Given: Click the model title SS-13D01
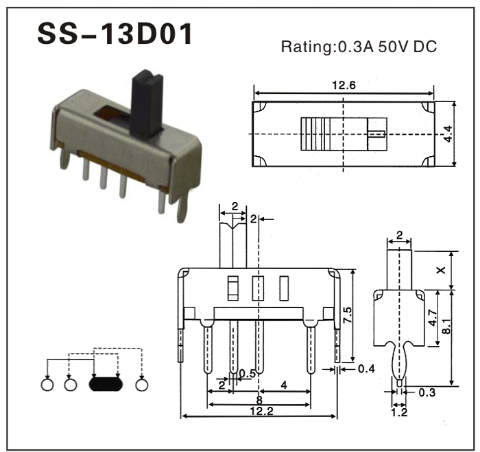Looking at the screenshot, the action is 115,34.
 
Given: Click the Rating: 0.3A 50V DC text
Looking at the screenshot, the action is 359,47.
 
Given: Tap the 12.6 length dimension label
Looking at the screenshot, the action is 344,85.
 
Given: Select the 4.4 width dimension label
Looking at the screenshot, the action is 448,134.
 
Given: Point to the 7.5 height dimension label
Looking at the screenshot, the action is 348,315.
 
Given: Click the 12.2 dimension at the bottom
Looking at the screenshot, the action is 261,411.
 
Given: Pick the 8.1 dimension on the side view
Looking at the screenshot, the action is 446,326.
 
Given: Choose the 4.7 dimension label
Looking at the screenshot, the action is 433,318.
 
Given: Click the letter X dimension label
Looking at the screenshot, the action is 441,271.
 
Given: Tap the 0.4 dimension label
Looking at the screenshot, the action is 366,369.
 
